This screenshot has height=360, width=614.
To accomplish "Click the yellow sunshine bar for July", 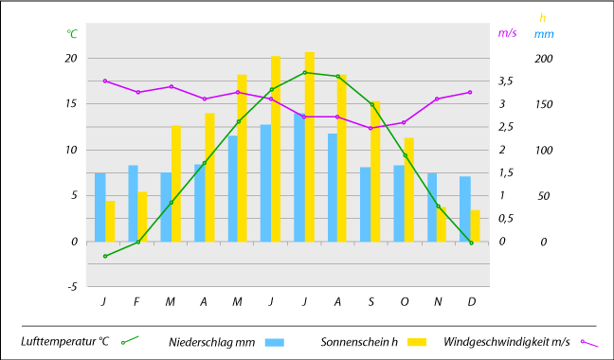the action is point(309,147).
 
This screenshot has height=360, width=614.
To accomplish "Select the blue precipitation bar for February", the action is point(134,204).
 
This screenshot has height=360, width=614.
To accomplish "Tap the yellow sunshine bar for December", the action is point(475,225).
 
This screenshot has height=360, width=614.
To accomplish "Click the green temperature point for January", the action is point(105,256).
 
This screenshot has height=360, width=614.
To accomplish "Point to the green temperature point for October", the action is point(406,155).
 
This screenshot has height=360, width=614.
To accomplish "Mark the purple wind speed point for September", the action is point(370,128).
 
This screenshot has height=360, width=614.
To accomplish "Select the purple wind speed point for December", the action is point(470,92).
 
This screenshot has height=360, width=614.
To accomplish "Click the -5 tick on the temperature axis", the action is point(72,287).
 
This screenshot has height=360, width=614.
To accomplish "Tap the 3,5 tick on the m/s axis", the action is point(506,81).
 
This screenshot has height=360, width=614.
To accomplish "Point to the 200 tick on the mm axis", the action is point(544,59).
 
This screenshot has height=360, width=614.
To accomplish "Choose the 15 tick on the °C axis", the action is point(71,104).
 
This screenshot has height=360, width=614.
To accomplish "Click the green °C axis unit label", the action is point(72,34).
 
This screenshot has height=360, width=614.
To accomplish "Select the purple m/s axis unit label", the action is point(507,33).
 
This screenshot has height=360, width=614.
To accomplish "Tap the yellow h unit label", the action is point(542,18).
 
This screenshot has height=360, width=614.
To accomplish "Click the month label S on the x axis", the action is point(371,301).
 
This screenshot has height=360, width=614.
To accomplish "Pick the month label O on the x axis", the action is point(405,301).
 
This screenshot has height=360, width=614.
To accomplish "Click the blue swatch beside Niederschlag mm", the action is point(274,342).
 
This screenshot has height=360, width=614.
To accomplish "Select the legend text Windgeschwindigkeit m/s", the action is point(507,342).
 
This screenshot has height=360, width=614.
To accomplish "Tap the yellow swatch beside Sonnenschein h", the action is point(417,342).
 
